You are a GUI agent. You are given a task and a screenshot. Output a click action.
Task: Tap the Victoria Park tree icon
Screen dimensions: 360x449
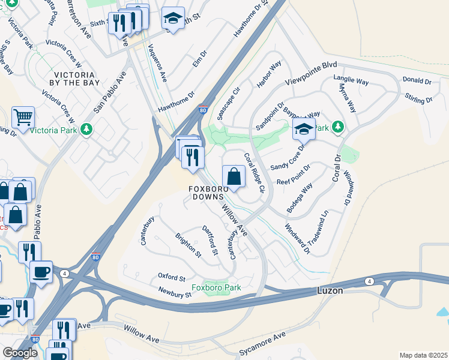coord(86,129)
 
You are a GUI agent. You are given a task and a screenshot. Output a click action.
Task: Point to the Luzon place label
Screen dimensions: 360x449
coord(330,291)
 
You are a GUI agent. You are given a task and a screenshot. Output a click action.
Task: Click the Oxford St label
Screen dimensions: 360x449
coord(172,277)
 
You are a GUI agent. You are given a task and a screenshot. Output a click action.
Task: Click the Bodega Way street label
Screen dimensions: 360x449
coord(300,198)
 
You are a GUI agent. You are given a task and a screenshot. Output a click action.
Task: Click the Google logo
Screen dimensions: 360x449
coord(20,353)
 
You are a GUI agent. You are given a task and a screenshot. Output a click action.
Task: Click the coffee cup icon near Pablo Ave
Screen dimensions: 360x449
coord(41,272)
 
